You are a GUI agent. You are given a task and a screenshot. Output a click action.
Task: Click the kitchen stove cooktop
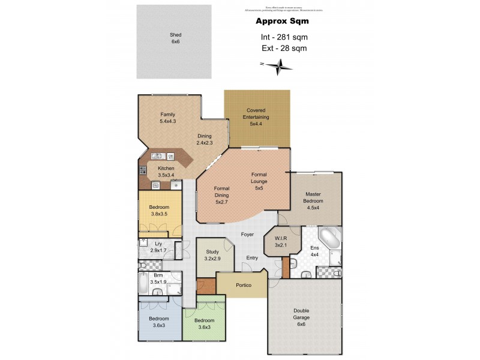coord(143,170)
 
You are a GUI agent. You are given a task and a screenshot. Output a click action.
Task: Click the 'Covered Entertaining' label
coord(257,113)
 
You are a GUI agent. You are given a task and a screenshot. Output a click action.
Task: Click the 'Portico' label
coord(243,285)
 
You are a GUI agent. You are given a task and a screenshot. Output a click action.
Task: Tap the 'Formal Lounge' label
coord(259,178)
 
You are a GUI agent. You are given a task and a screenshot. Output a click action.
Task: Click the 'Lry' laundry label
coord(158,244)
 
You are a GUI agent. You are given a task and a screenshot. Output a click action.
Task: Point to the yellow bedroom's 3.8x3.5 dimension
coord(159,214)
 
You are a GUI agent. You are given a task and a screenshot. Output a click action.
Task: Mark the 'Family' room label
coord(167,114)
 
